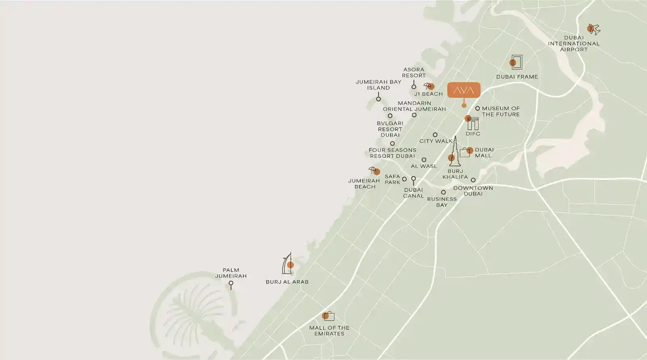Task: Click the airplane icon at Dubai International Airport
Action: click(594, 29)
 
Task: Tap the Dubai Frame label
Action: click(517, 76)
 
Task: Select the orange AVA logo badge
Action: click(464, 90)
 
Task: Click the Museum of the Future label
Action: click(501, 111)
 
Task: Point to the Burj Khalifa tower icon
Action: click(455, 151)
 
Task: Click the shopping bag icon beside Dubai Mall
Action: click(465, 152)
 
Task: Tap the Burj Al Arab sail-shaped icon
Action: click(286, 264)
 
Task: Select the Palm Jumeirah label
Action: click(230, 273)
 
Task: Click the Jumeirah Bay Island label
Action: click(378, 85)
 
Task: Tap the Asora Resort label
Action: click(414, 72)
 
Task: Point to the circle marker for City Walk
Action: click(435, 135)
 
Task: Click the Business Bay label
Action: click(442, 202)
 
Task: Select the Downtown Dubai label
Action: click(473, 191)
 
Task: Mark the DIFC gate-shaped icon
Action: click(472, 123)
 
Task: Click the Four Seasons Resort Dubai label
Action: click(392, 153)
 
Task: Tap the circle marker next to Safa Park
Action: click(404, 179)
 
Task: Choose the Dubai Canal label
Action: click(413, 193)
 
